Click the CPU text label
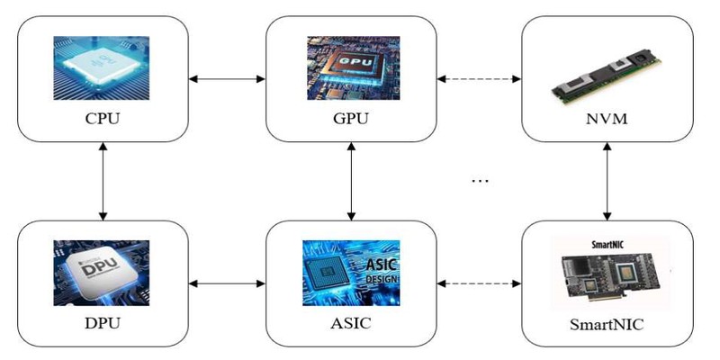tap(103, 118)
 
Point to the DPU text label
tap(103, 321)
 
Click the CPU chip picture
tap(103, 69)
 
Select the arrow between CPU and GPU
tap(228, 79)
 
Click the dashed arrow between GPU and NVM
tap(479, 79)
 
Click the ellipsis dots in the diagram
tap(479, 181)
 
